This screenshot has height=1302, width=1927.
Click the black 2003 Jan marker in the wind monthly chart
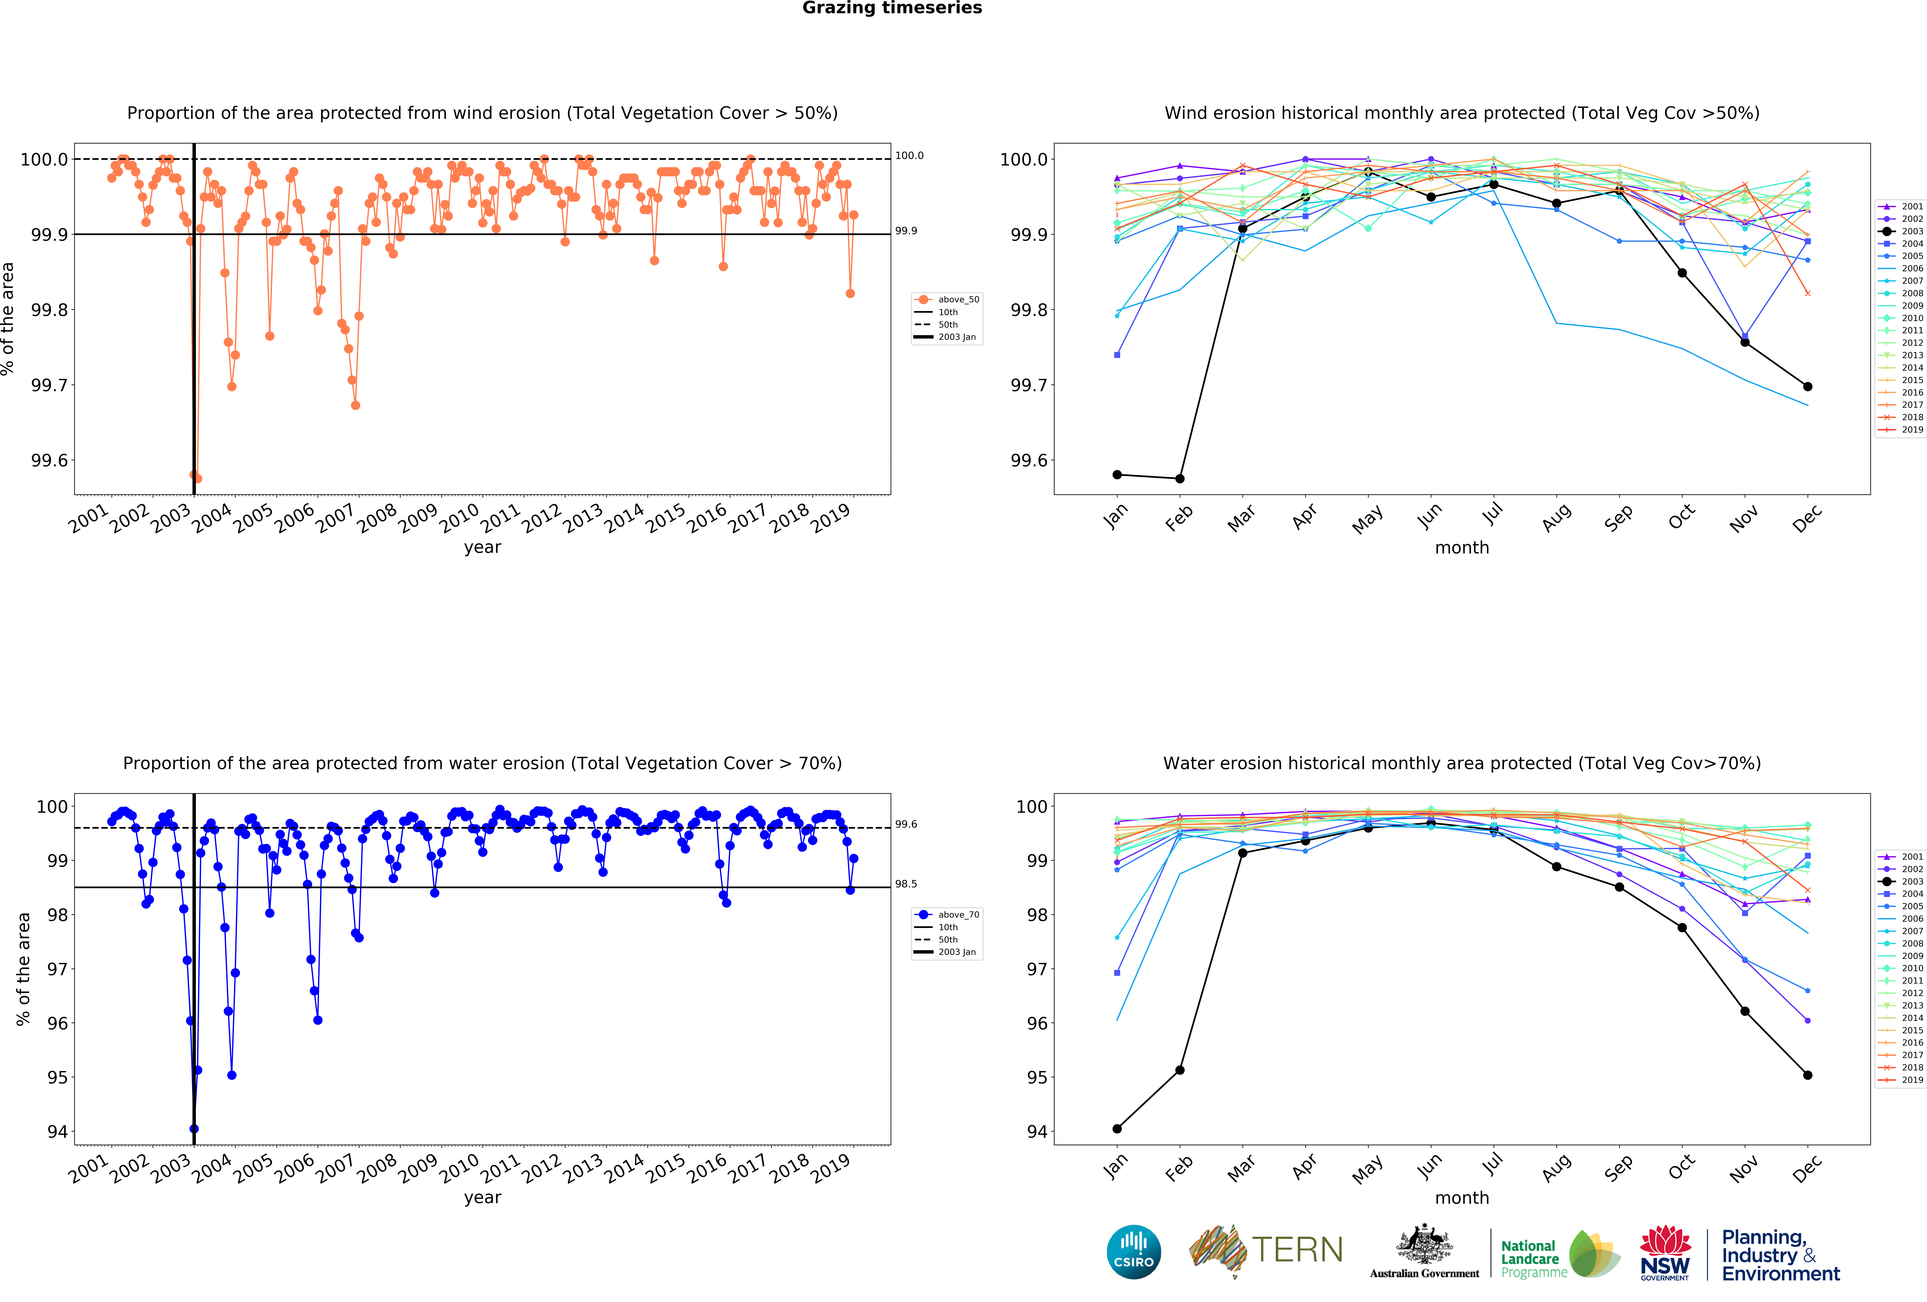click(1117, 474)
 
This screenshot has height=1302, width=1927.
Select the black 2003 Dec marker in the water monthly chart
click(1808, 1075)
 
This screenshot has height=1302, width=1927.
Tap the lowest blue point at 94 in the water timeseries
click(194, 1129)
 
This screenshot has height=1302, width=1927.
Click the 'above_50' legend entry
click(958, 299)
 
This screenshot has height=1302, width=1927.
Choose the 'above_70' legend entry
click(958, 915)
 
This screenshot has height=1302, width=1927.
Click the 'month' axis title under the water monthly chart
click(1462, 1197)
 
